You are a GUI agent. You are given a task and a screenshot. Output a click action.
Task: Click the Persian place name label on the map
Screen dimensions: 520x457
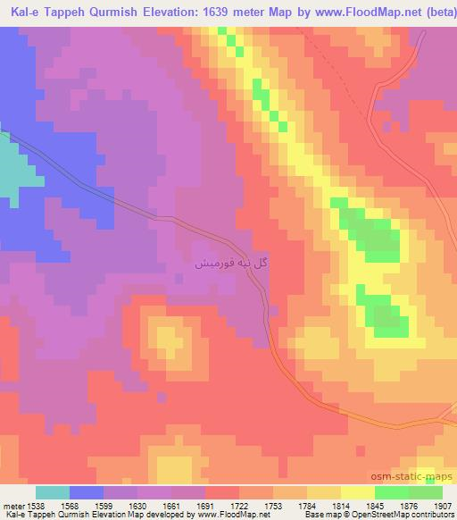click(x=232, y=264)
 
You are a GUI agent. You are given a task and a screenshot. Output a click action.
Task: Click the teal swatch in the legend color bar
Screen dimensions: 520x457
click(x=53, y=492)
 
